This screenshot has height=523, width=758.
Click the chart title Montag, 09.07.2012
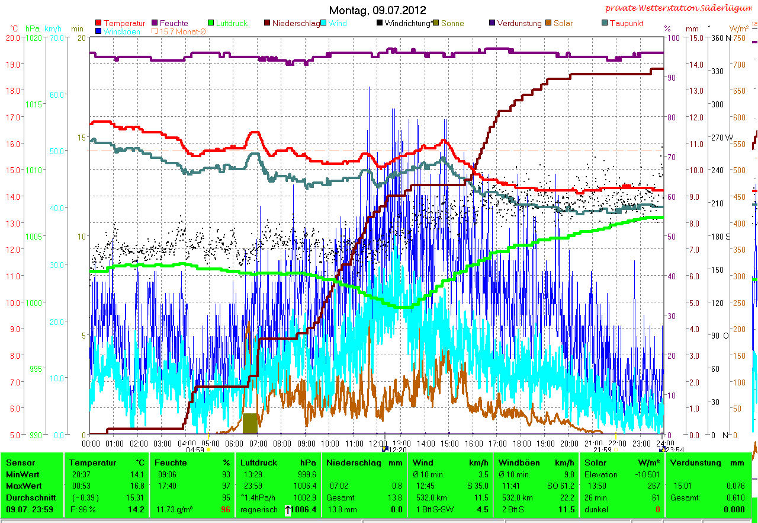(x=377, y=10)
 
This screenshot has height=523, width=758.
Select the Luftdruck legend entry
(x=230, y=24)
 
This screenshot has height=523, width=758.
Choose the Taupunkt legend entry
(x=626, y=24)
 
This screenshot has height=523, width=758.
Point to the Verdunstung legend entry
(x=519, y=24)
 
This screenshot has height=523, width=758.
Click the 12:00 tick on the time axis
(x=377, y=443)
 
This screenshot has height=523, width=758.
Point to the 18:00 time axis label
(x=521, y=443)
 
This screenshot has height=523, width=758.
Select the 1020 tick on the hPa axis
(x=34, y=37)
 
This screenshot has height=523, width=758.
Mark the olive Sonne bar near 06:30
(x=250, y=423)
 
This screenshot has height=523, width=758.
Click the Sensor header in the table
(x=21, y=463)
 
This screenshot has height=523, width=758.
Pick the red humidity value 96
(x=225, y=509)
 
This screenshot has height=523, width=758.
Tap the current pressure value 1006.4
(x=303, y=509)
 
